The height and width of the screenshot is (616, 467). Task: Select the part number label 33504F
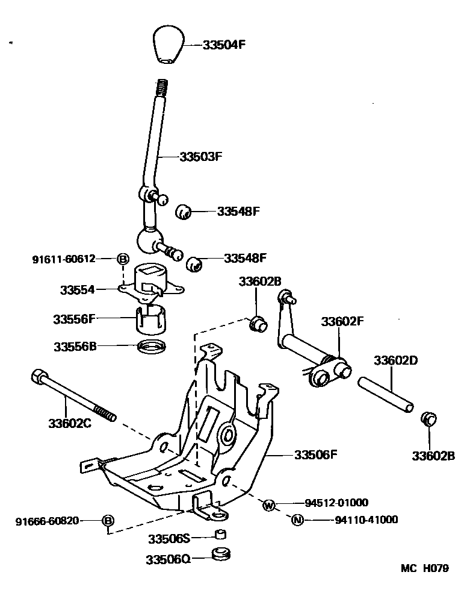pyautogui.click(x=224, y=45)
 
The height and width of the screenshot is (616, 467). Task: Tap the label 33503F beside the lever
pyautogui.click(x=201, y=156)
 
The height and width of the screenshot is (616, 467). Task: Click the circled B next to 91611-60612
pyautogui.click(x=122, y=259)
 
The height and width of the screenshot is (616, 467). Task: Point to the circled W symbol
pyautogui.click(x=268, y=505)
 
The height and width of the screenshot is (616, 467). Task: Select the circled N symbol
pyautogui.click(x=297, y=520)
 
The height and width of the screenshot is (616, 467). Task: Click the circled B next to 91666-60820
pyautogui.click(x=108, y=520)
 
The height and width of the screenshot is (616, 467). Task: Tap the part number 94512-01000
pyautogui.click(x=336, y=503)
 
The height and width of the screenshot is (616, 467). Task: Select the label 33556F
pyautogui.click(x=73, y=319)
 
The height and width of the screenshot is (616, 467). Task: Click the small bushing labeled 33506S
pyautogui.click(x=221, y=535)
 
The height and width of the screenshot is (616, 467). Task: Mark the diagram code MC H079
pyautogui.click(x=425, y=568)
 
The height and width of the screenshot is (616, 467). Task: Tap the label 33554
pyautogui.click(x=77, y=289)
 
